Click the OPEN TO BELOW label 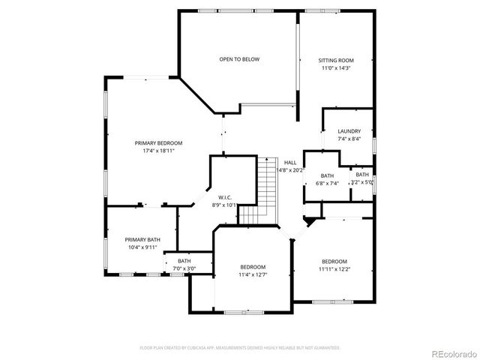pos(239,59)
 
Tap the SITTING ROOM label pos(335,60)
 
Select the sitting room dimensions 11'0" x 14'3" pos(335,68)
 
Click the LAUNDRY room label pos(349,131)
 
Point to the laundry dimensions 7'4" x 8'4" pos(349,139)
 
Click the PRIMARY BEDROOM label pos(158,143)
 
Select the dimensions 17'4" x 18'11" pos(158,151)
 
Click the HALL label pos(289,162)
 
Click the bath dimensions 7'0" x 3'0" pos(184,268)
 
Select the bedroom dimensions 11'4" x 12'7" pos(253,275)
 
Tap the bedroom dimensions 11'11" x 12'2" pos(334,269)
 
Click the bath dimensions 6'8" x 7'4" pos(327,183)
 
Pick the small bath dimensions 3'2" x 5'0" pos(362,182)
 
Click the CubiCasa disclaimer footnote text pos(240,348)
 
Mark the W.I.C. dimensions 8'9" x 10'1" pos(224,205)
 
